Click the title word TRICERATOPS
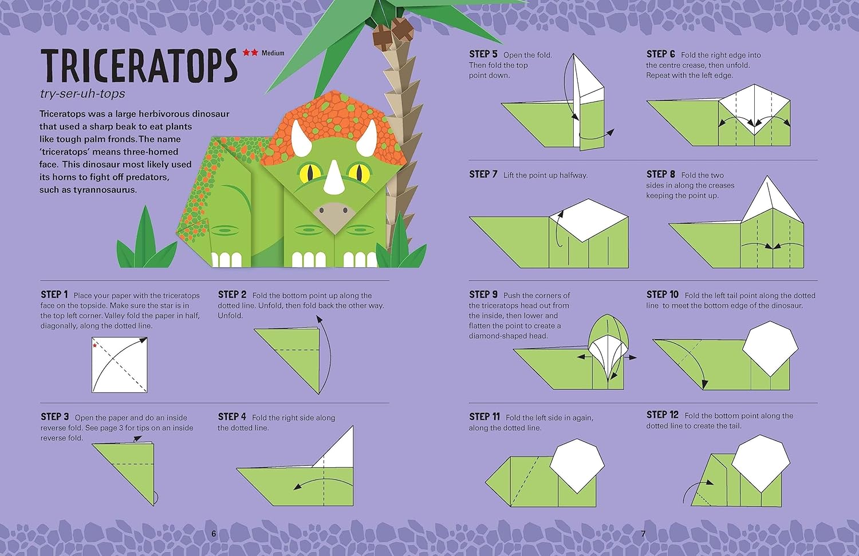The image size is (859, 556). [x=139, y=66]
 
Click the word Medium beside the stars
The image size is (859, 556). [x=273, y=53]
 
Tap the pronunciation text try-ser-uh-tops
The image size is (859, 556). [x=82, y=94]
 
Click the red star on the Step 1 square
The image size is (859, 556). [x=94, y=345]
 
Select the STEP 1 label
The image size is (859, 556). [x=54, y=295]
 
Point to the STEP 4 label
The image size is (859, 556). [x=232, y=416]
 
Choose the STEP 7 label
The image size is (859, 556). [x=483, y=174]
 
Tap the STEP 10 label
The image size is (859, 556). [x=662, y=295]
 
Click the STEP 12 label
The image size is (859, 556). [x=662, y=415]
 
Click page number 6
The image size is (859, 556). [x=214, y=534]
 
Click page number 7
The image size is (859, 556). [x=644, y=534]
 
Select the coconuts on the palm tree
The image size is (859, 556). [x=393, y=32]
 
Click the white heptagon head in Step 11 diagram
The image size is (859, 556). [x=577, y=465]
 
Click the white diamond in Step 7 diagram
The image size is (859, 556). [x=588, y=220]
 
